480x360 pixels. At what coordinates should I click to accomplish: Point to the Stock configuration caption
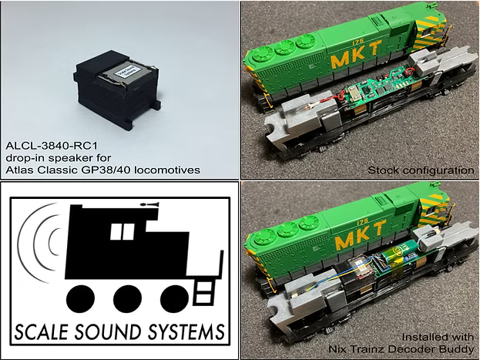click(x=421, y=169)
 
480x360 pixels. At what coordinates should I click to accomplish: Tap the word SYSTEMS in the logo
click(x=185, y=331)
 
